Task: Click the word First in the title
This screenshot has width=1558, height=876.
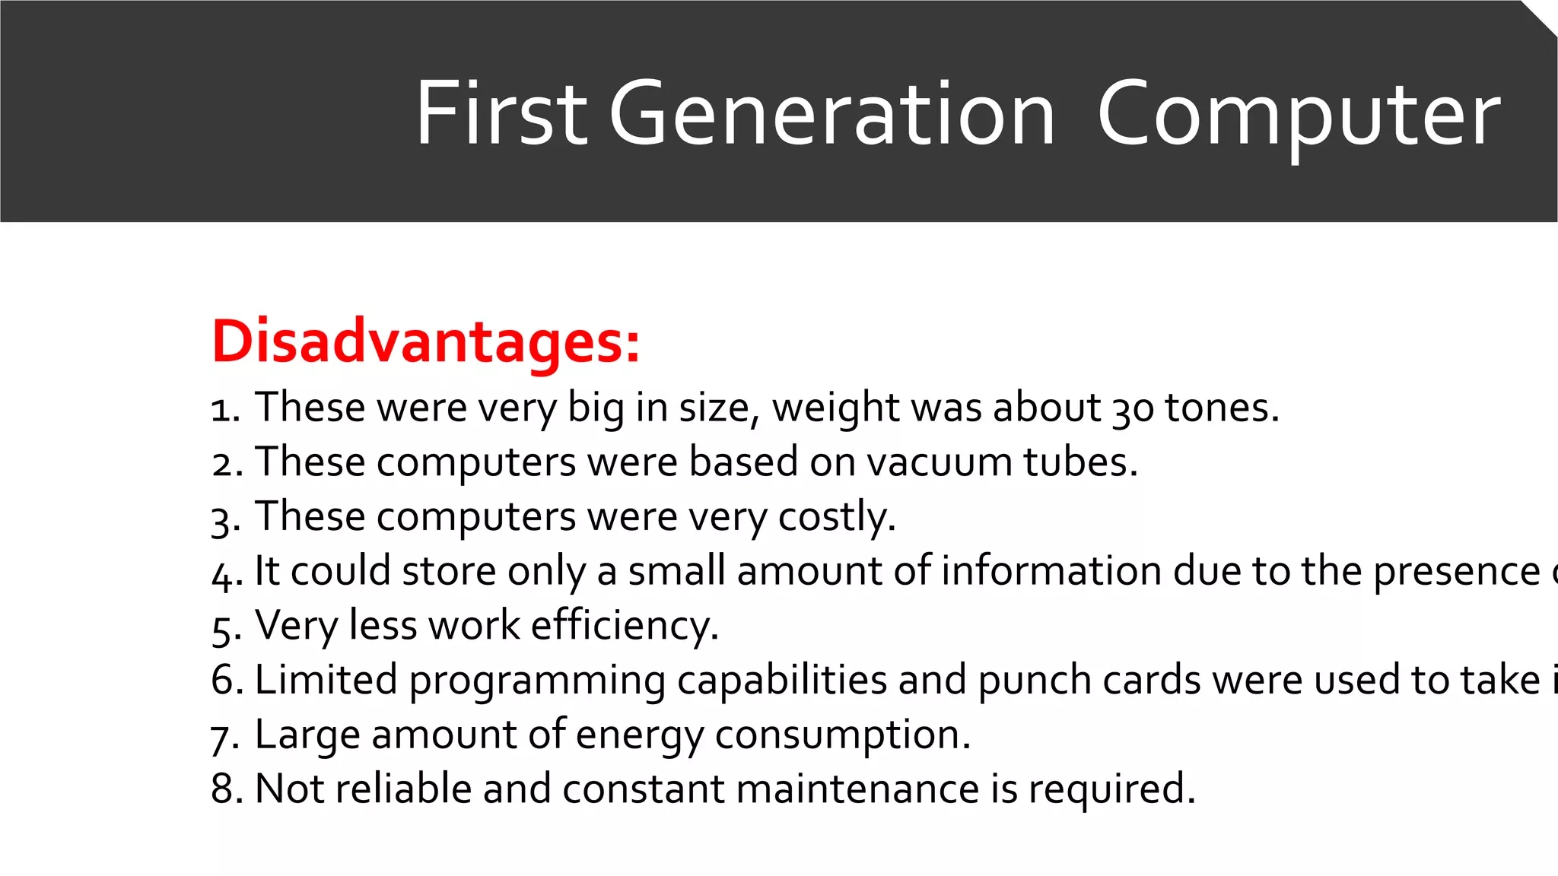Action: point(501,114)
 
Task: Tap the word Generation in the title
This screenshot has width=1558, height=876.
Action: point(831,114)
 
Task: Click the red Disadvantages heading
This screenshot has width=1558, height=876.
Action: point(426,341)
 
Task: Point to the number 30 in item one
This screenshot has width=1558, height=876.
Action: point(1133,408)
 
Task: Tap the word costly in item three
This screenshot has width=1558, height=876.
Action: point(836,517)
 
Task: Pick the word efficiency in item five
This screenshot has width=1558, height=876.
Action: point(624,626)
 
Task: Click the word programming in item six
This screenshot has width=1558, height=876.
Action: point(537,681)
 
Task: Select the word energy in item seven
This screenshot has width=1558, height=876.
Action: point(640,735)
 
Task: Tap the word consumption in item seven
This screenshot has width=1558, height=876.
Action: point(842,735)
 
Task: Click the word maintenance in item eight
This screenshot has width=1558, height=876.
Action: point(857,789)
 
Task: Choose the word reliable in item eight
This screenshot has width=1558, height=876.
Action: point(403,789)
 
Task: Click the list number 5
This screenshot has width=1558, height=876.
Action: point(225,627)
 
